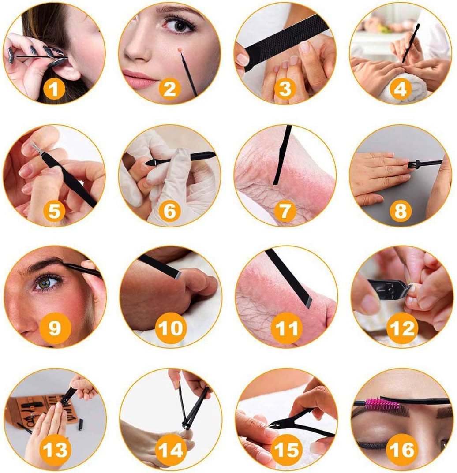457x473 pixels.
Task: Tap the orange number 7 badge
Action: (x=285, y=211)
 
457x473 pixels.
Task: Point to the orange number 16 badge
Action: (x=402, y=449)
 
